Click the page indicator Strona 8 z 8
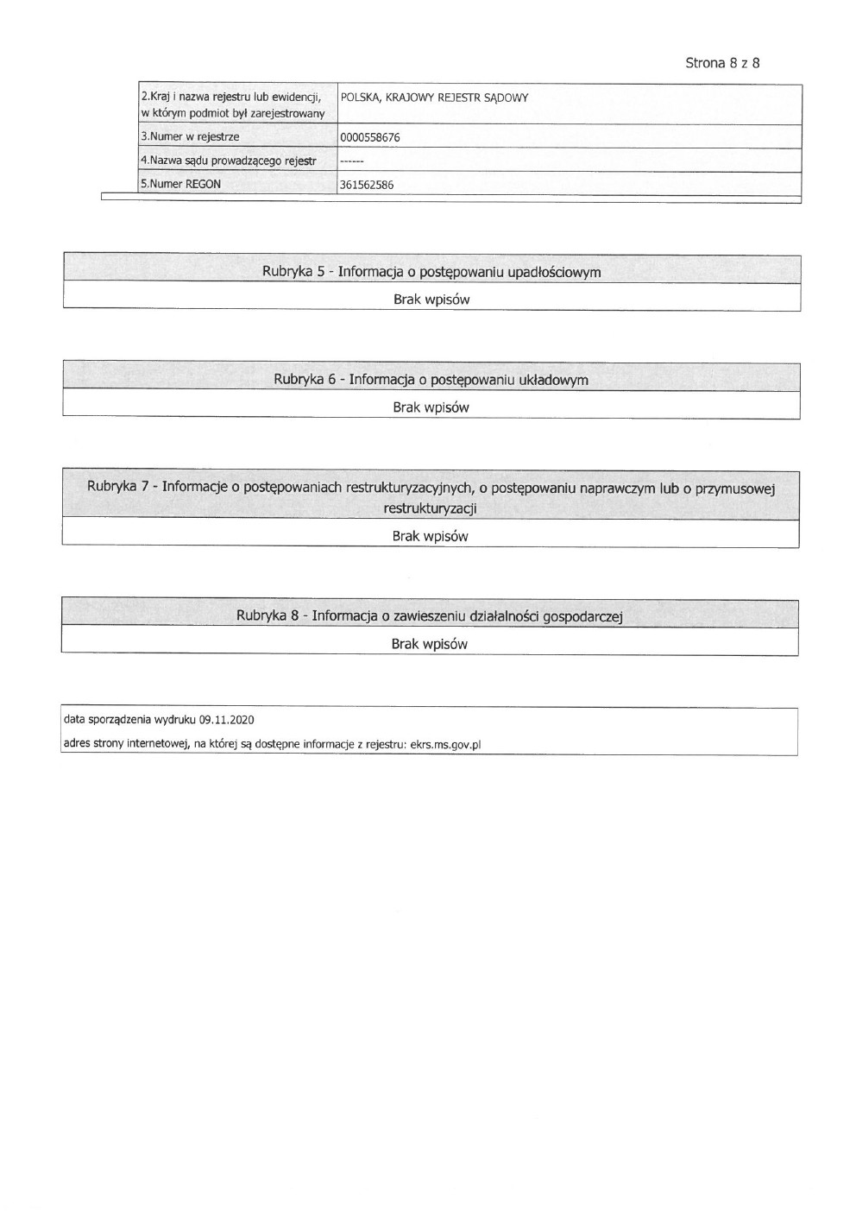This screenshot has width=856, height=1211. [721, 63]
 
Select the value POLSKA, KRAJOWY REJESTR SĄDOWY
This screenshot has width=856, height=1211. [434, 98]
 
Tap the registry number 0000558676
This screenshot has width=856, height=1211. [370, 137]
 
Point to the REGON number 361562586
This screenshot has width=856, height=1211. [367, 184]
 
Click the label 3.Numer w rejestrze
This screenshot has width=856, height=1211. [190, 136]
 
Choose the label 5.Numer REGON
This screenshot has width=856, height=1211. [180, 184]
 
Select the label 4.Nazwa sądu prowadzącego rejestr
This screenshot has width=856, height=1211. [228, 161]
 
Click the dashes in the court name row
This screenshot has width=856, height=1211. [351, 161]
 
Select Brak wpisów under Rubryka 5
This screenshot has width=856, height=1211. [431, 300]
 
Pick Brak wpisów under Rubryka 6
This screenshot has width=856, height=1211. [431, 407]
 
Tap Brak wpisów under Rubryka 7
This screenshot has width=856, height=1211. [430, 536]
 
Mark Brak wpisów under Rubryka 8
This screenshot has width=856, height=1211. [429, 644]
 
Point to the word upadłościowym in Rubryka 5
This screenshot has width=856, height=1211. [554, 272]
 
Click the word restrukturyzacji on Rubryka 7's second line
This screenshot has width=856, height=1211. [430, 508]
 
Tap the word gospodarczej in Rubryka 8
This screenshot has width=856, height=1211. [582, 616]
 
